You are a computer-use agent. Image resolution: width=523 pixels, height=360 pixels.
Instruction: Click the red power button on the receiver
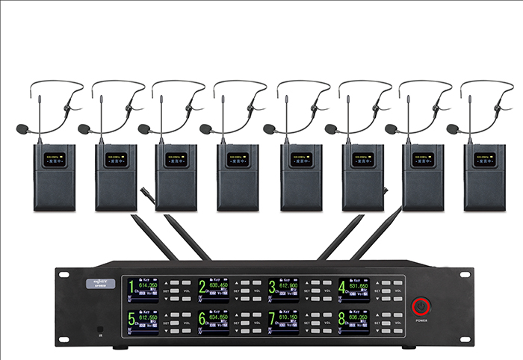coord(422,306)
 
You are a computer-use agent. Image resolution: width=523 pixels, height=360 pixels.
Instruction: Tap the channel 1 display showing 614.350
coord(142,290)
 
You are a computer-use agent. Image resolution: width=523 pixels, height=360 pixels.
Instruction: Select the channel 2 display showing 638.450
coord(213,290)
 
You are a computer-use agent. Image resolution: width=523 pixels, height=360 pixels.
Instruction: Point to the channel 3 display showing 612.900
coord(284,290)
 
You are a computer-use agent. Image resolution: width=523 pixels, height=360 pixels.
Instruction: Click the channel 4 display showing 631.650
coord(353,290)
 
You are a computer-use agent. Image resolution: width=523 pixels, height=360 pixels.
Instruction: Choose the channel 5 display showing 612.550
coord(142,321)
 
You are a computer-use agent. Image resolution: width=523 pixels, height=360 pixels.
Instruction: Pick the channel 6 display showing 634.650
coord(213,321)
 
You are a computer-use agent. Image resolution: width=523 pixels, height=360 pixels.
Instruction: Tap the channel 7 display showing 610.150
coord(284,321)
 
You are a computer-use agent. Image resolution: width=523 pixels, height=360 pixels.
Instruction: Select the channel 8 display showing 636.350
coord(353,321)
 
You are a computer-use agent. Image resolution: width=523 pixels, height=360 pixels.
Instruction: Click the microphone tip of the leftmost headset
coord(22,129)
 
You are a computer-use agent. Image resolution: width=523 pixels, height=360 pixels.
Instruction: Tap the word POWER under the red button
coord(422,320)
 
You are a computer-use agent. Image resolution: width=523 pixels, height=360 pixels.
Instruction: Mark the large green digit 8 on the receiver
coord(342,318)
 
